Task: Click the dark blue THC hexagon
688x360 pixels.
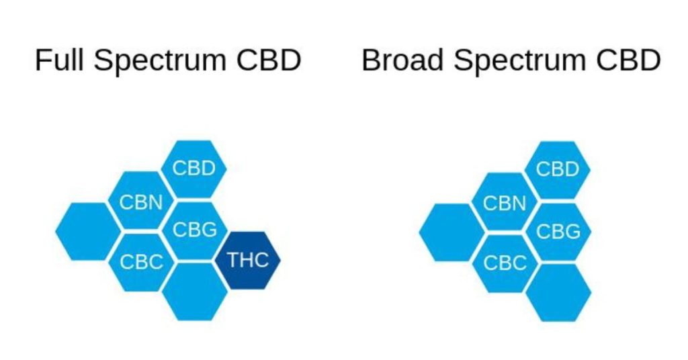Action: click(x=248, y=260)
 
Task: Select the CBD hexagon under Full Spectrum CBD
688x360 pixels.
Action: click(x=194, y=169)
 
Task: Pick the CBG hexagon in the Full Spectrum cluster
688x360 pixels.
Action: click(x=194, y=230)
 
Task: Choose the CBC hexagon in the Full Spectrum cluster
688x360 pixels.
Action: click(x=141, y=262)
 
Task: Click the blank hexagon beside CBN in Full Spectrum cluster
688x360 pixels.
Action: click(x=88, y=231)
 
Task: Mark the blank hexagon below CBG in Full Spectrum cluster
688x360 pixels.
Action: click(x=195, y=291)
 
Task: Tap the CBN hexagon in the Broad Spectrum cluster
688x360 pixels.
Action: click(x=505, y=201)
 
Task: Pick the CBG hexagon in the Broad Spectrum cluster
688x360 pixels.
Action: click(x=558, y=232)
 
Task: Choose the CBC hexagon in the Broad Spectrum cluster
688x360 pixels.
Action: click(x=505, y=263)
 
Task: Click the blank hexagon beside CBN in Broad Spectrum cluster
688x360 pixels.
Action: click(x=452, y=232)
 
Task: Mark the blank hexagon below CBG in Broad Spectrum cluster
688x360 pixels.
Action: click(x=558, y=293)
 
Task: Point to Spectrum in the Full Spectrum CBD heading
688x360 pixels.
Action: click(x=160, y=61)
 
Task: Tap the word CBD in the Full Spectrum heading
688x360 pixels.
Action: click(x=269, y=60)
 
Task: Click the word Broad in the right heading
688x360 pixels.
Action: click(x=402, y=60)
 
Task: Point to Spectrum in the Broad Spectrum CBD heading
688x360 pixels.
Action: click(x=519, y=61)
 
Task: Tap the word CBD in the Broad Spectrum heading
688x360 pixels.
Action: click(x=628, y=60)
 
